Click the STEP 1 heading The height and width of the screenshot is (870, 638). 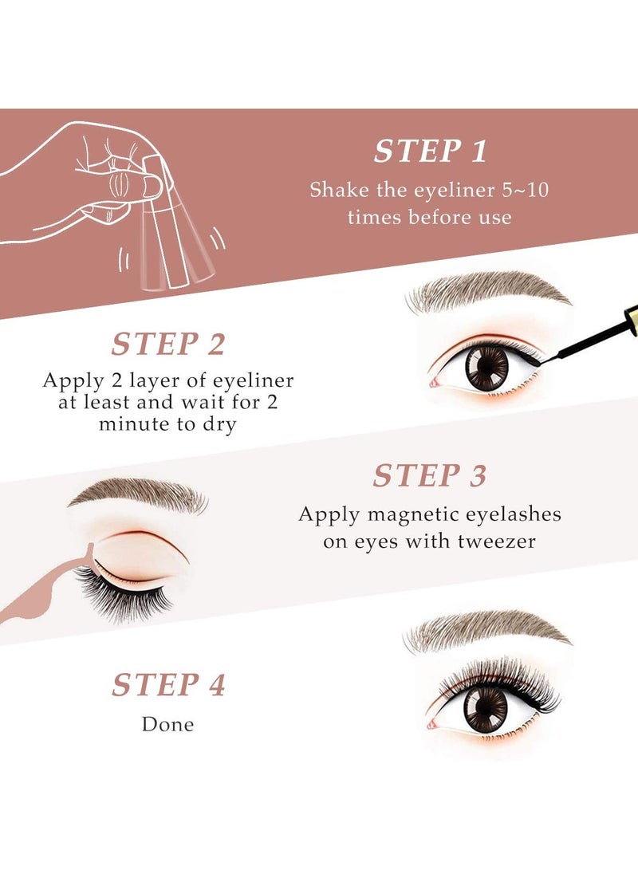tap(431, 152)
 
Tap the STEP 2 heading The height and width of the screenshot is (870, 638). tap(168, 344)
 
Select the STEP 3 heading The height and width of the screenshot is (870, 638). tap(429, 476)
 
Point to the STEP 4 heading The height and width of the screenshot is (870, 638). tap(168, 685)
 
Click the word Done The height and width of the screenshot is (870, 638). tap(167, 724)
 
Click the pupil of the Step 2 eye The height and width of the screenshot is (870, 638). tap(486, 368)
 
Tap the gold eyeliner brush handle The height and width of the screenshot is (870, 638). tap(621, 322)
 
